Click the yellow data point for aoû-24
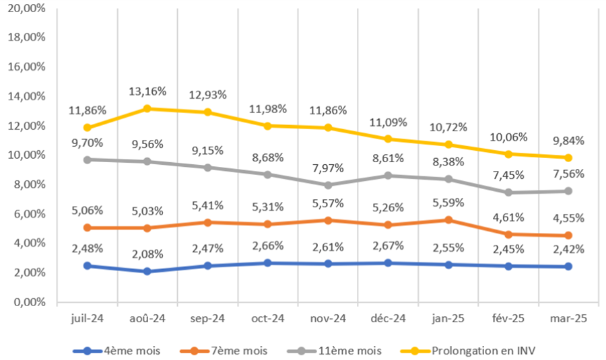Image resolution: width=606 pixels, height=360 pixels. click(x=147, y=108)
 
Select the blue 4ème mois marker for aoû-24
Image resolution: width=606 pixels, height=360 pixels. click(x=147, y=271)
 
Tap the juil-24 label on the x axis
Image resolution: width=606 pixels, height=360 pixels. click(x=87, y=318)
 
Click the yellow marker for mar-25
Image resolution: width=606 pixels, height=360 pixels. click(x=569, y=157)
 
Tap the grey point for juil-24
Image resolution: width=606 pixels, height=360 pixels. click(x=88, y=159)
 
